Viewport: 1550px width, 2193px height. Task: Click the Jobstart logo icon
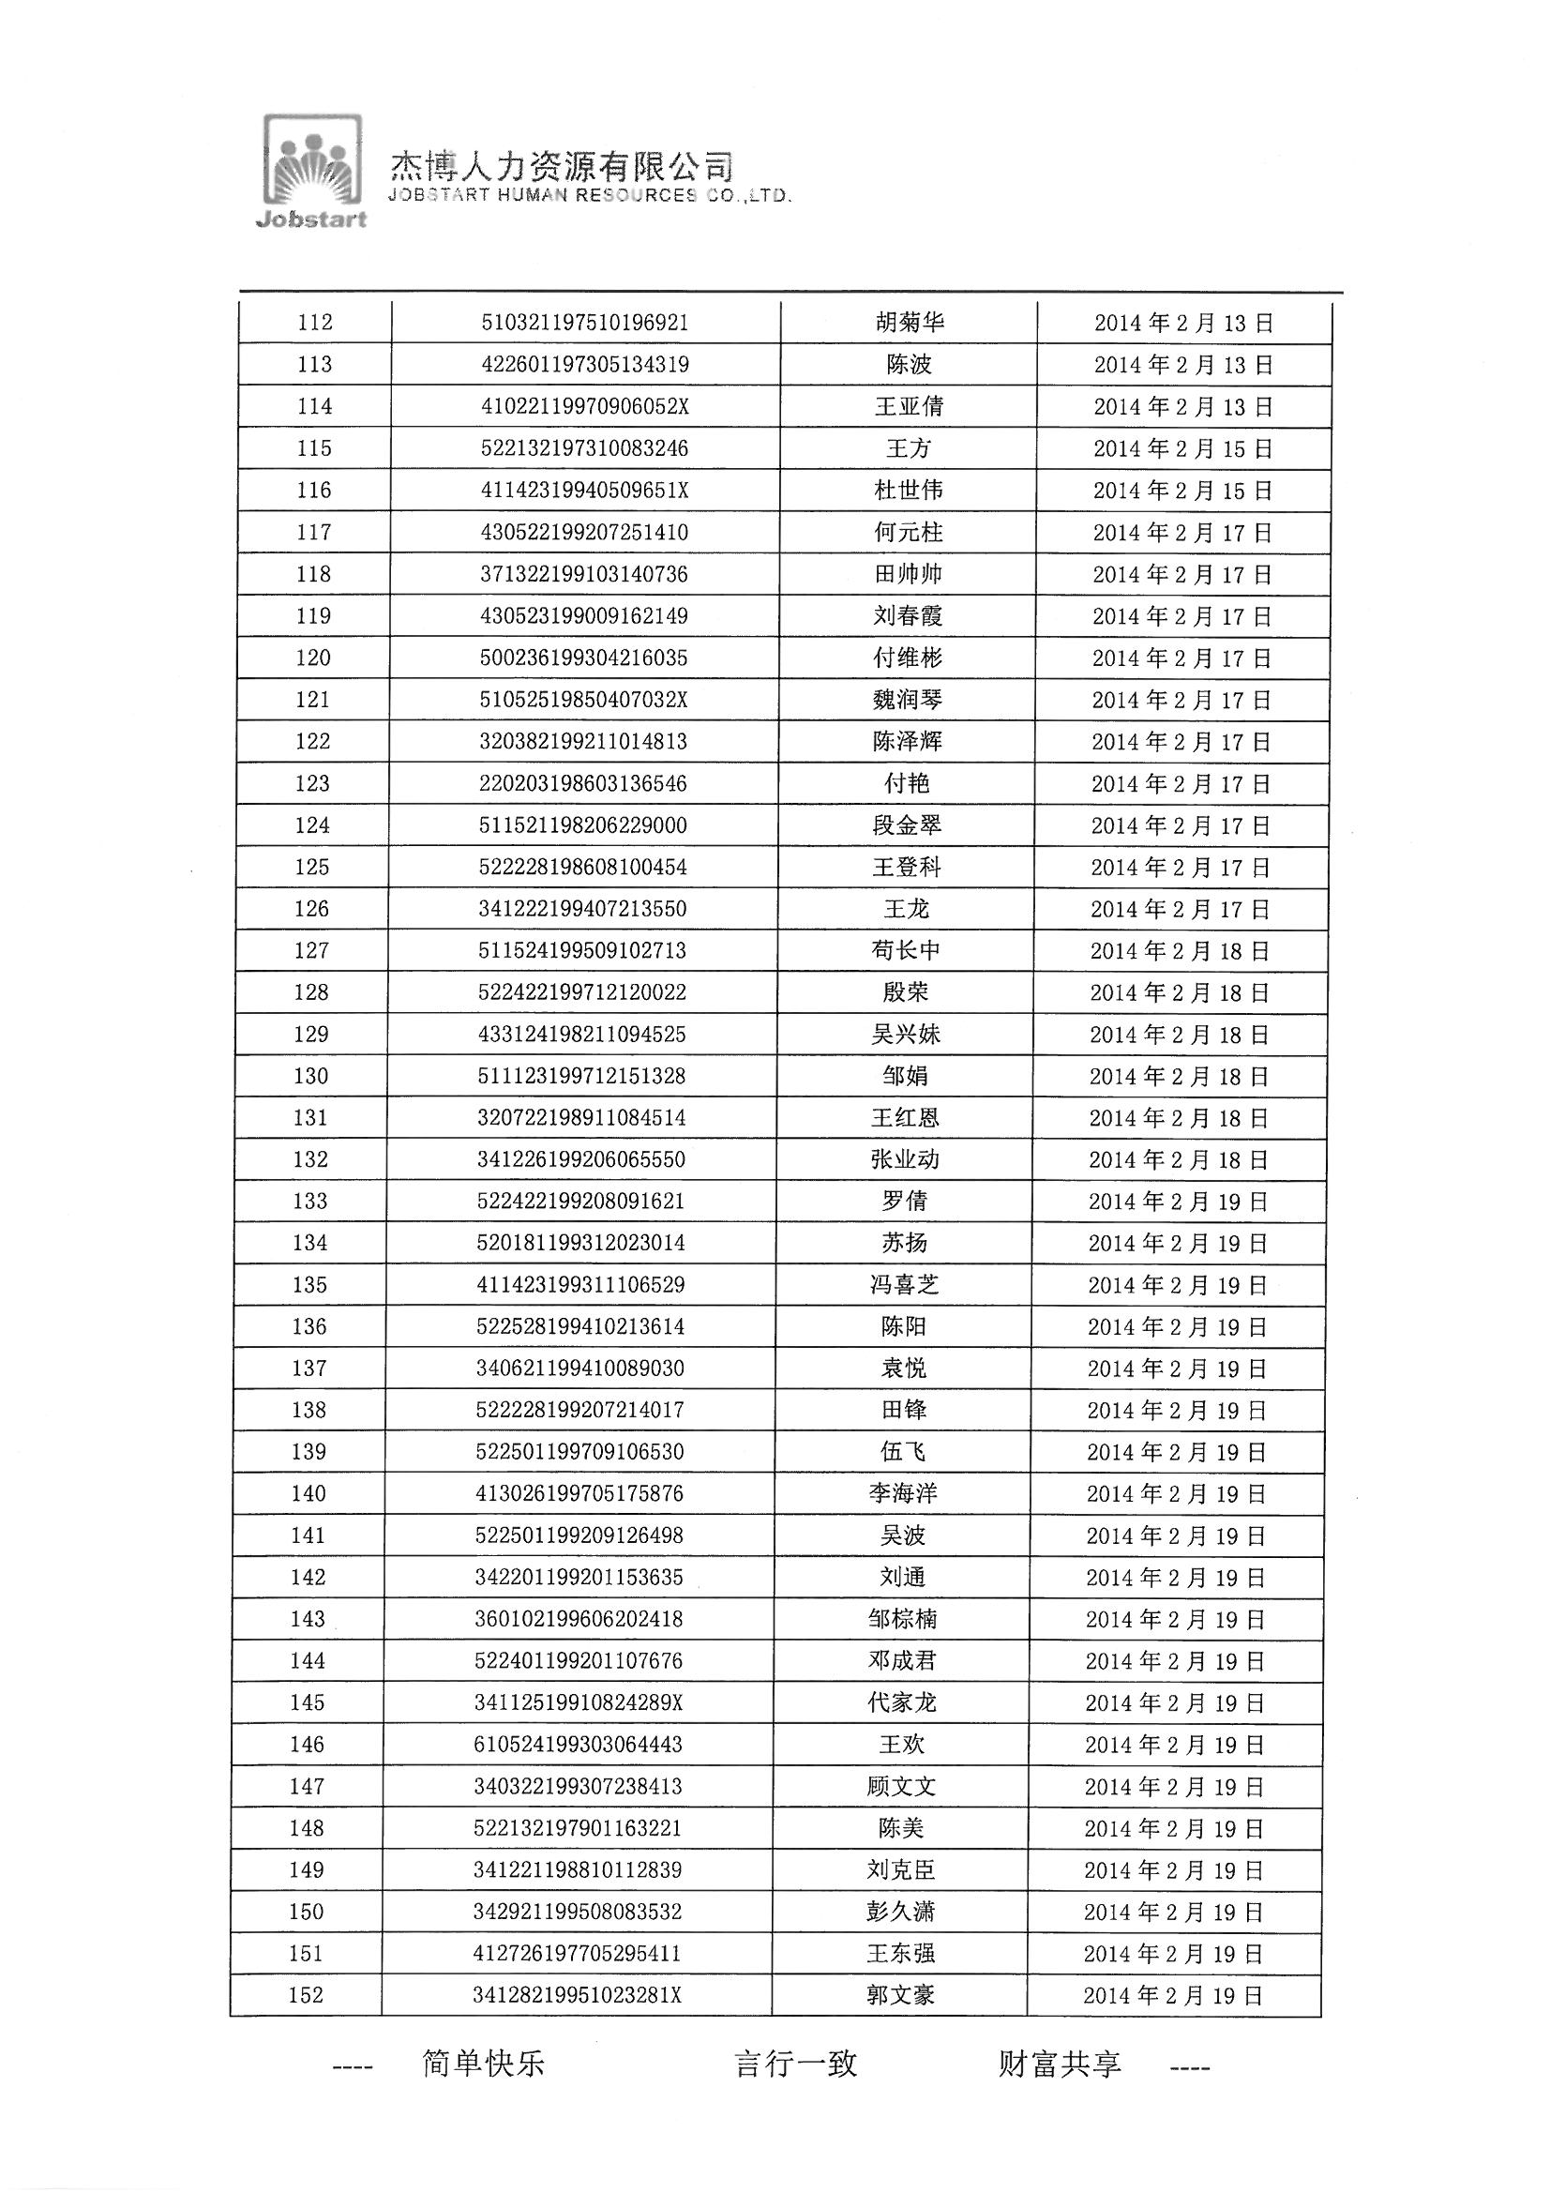[312, 170]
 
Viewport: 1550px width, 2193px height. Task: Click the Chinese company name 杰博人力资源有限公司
[562, 166]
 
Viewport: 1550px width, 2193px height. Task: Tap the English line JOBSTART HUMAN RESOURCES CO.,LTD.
[589, 196]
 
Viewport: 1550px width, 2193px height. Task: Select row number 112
[315, 323]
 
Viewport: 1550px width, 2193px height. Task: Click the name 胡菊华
[910, 323]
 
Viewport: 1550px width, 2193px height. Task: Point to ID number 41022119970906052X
[584, 407]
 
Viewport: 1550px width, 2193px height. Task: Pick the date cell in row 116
[1182, 491]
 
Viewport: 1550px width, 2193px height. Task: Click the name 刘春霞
[908, 616]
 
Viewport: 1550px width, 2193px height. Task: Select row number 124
[312, 825]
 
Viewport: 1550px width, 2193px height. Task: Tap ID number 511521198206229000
[582, 825]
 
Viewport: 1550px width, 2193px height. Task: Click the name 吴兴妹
[906, 1035]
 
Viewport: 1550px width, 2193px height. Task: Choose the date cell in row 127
[1180, 951]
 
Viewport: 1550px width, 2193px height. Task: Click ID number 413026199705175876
[579, 1494]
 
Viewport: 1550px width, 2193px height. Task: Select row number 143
[308, 1619]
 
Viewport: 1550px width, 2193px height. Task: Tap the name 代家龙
[901, 1703]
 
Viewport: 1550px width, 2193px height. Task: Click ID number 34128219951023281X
[577, 1995]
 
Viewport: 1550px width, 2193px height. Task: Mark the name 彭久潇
[900, 1912]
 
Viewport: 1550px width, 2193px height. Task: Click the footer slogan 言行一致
[795, 2064]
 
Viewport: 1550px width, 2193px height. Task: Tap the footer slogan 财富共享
[1059, 2064]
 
